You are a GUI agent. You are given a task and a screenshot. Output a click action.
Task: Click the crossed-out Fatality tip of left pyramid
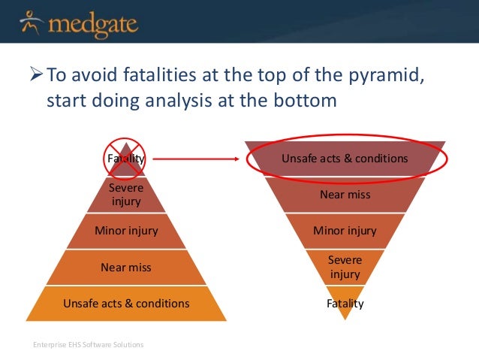click(125, 158)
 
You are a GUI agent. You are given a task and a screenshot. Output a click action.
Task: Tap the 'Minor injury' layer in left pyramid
click(125, 231)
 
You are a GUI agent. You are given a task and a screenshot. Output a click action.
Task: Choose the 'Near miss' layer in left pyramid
click(125, 267)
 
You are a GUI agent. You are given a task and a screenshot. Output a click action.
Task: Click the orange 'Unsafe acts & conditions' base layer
click(125, 303)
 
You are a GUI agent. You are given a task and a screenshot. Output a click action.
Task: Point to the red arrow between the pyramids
click(197, 159)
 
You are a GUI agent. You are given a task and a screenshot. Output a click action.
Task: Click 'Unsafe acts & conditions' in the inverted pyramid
click(345, 159)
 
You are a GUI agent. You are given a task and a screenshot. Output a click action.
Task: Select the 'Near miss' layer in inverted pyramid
click(345, 195)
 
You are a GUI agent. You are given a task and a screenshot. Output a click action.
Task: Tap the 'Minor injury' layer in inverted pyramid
click(345, 231)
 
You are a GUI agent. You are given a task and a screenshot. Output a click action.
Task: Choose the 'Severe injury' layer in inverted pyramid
click(345, 267)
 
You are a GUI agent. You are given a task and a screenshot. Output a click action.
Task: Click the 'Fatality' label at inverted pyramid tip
click(345, 304)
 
